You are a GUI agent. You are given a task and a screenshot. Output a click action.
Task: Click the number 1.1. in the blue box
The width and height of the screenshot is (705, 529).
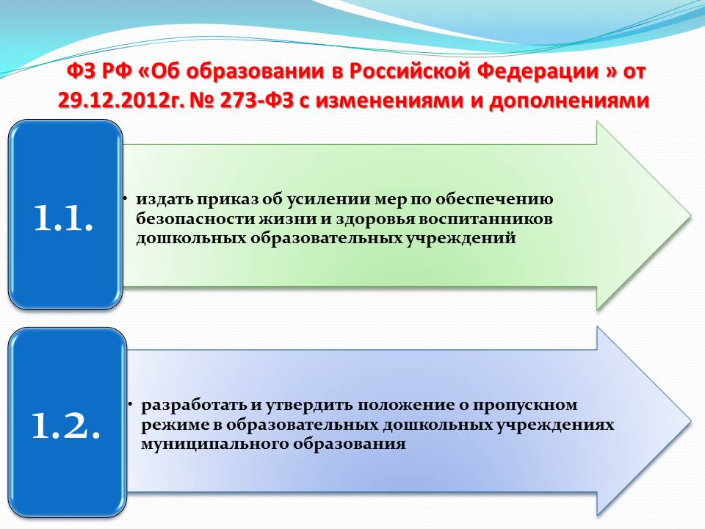[63, 219]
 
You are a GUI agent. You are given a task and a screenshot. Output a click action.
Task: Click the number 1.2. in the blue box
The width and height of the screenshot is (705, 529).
[65, 425]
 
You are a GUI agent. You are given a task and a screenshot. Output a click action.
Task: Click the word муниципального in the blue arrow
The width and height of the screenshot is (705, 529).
[215, 445]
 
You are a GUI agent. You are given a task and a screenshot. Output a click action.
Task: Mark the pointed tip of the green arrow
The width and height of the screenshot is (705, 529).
[691, 215]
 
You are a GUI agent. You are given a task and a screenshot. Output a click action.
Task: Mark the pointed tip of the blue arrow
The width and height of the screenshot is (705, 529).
[692, 421]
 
